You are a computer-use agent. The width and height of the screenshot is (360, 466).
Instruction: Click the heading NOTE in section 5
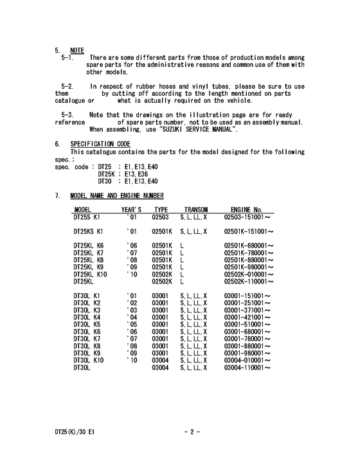click(77, 50)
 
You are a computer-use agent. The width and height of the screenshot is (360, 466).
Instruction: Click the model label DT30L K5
click(87, 324)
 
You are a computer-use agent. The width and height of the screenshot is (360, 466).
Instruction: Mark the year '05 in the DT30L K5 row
click(132, 324)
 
